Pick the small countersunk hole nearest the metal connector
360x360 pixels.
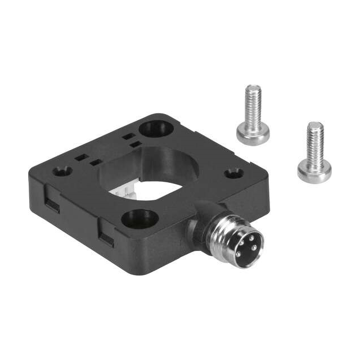tap(235, 173)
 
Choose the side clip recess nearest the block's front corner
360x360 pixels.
tap(106, 237)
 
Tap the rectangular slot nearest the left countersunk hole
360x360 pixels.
tap(80, 157)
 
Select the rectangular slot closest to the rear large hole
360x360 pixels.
tap(128, 136)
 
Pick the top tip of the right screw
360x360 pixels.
tap(316, 124)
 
